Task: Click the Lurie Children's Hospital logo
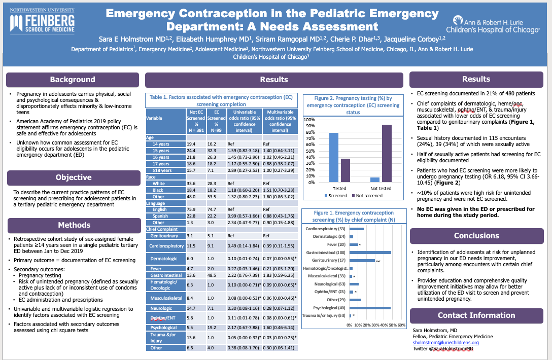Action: (x=496, y=24)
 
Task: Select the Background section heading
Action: (x=72, y=80)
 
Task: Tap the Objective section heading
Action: (x=73, y=177)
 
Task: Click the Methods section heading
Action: (x=74, y=225)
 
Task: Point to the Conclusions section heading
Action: (x=476, y=236)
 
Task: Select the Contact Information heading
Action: (x=476, y=315)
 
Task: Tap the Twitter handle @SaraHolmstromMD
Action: (x=443, y=349)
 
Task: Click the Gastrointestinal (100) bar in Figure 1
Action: (x=370, y=252)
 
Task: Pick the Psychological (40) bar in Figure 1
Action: (x=370, y=307)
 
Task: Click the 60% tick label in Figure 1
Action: (x=401, y=325)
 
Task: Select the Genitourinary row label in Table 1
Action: (x=162, y=236)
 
